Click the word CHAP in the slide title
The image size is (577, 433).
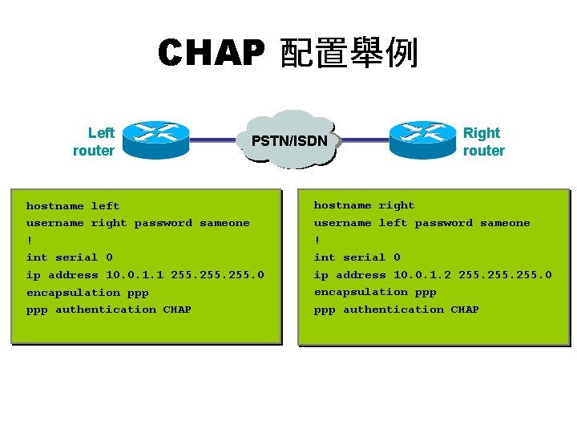(210, 54)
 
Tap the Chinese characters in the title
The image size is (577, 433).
(349, 54)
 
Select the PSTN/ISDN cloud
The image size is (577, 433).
(290, 140)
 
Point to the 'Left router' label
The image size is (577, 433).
(94, 142)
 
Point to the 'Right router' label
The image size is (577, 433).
(483, 142)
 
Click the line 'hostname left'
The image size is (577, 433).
(73, 206)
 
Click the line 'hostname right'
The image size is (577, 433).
(364, 205)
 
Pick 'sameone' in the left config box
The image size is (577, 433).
(224, 223)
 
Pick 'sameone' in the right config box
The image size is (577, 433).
(505, 223)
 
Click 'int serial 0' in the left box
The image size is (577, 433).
(69, 257)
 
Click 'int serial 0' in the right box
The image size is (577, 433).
(357, 257)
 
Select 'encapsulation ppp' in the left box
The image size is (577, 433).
(87, 293)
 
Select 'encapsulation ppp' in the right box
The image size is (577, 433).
(375, 292)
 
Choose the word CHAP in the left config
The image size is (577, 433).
(177, 310)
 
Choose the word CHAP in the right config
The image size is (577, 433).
(465, 310)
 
